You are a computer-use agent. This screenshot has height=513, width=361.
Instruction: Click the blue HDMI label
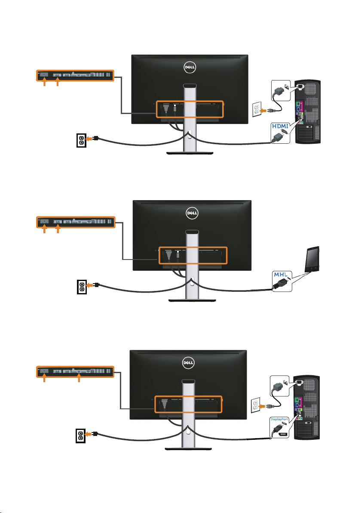280,126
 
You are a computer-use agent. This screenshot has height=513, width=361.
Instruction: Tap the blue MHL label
281,275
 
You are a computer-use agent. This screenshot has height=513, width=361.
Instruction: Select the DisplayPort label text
279,420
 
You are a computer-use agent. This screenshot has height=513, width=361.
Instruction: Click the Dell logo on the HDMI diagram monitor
190,68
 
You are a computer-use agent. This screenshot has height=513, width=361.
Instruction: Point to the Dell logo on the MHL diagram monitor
192,213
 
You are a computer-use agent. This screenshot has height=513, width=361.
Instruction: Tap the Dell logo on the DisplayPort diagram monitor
188,362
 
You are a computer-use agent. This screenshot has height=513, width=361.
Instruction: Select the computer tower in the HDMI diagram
307,112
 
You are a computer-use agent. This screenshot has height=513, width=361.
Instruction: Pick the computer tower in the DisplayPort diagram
307,408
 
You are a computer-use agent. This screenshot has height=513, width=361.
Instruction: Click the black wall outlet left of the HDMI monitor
81,140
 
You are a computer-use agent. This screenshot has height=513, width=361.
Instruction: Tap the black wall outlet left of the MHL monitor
82,287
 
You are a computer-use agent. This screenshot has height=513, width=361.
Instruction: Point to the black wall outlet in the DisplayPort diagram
80,436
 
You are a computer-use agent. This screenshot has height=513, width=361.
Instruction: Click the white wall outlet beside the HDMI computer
257,109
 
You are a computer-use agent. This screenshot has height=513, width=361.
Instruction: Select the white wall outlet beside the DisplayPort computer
255,406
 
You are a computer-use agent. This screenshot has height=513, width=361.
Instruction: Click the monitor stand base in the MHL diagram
192,300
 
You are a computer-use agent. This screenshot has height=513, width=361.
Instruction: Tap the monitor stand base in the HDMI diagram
190,153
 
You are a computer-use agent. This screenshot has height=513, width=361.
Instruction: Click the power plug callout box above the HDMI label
281,90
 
